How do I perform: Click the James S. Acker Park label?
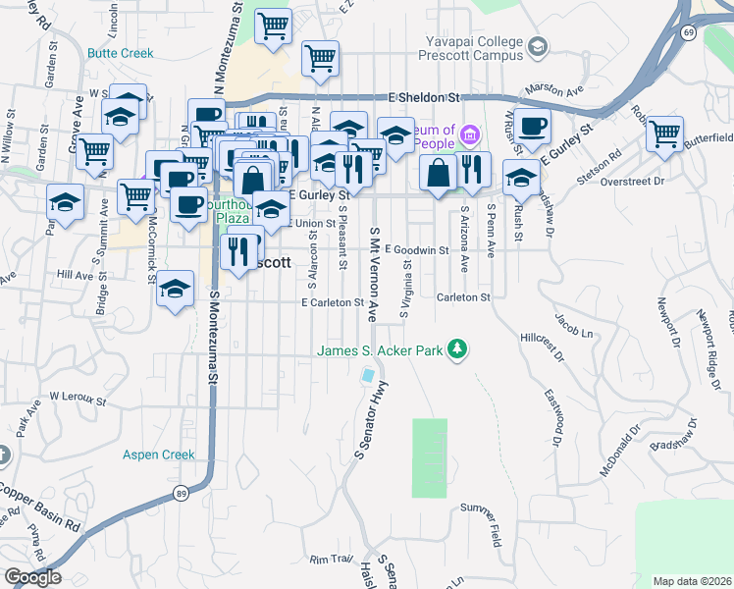[x=380, y=350]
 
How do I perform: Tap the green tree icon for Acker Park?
[x=455, y=348]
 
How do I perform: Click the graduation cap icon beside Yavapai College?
[x=537, y=46]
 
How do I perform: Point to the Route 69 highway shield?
[x=690, y=33]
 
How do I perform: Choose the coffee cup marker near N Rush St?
[x=533, y=125]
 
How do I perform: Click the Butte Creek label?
[x=120, y=53]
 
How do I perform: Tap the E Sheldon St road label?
[x=424, y=98]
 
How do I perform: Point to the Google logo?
[x=32, y=577]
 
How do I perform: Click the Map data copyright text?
[x=693, y=581]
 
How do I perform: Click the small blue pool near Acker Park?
[x=368, y=376]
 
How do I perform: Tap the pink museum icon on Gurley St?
[x=470, y=134]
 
